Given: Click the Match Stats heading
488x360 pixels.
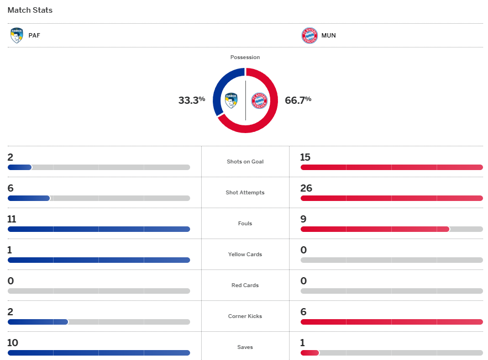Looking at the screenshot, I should click(x=30, y=10).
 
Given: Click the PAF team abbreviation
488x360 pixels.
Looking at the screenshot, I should click(x=34, y=35).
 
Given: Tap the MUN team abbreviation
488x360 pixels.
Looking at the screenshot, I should click(x=329, y=35).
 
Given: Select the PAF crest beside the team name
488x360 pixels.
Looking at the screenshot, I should click(x=17, y=35).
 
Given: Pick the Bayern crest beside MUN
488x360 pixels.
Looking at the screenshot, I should click(x=309, y=35).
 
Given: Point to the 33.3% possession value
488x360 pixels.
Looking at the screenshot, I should click(x=191, y=100).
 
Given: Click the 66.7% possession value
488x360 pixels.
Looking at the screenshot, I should click(x=298, y=100).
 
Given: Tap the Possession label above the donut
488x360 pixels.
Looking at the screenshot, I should click(x=245, y=57).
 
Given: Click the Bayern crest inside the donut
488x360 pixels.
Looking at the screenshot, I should click(x=259, y=100).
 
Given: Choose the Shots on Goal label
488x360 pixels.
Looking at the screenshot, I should click(x=245, y=162).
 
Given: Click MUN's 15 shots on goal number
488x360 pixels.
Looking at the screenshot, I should click(x=306, y=157).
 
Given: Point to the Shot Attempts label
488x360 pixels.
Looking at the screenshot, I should click(x=245, y=193).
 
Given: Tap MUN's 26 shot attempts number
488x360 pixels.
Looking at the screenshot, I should click(x=306, y=188).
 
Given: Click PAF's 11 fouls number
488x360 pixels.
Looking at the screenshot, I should click(x=12, y=219).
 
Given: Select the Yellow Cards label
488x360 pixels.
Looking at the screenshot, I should click(x=245, y=255).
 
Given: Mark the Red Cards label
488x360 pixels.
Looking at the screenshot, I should click(x=245, y=285).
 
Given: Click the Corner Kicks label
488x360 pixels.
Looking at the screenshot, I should click(x=245, y=316).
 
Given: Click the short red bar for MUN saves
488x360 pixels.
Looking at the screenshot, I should click(x=309, y=353).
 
